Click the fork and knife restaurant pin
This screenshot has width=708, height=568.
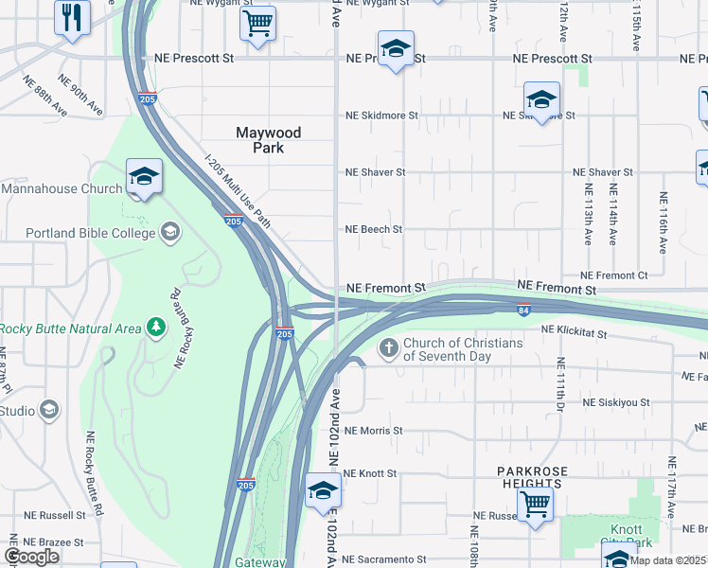(x=72, y=18)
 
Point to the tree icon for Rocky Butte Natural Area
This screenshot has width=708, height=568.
(x=155, y=328)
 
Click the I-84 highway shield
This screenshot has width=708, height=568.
(x=523, y=309)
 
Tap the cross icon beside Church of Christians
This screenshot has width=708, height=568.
(x=388, y=349)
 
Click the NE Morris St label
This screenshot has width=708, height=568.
(x=375, y=430)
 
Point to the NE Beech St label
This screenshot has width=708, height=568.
(x=374, y=229)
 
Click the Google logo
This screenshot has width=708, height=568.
(x=31, y=557)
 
